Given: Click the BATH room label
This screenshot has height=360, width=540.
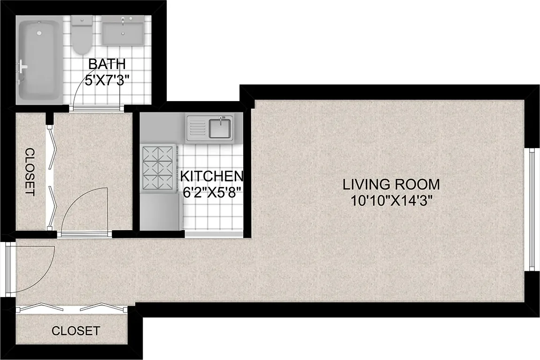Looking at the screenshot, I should [108, 64].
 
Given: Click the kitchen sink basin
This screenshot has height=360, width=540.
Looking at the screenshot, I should [219, 128].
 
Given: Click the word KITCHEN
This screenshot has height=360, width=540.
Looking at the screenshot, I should [212, 177].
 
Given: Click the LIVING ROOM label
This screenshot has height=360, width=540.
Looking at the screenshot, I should [391, 184].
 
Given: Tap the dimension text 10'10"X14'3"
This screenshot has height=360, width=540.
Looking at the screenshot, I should [391, 201].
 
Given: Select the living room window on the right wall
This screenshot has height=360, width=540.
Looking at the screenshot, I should [532, 209].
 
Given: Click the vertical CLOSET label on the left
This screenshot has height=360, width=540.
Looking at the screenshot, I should [30, 172].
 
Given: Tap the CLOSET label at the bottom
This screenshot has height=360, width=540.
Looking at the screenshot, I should [76, 331].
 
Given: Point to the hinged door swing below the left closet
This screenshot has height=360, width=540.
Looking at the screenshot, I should [85, 209].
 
